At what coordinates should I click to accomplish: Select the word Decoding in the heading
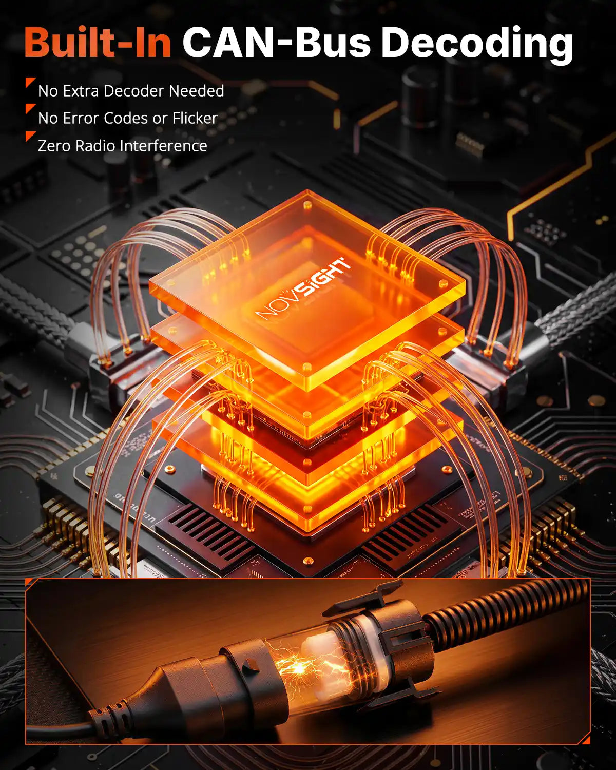(477, 44)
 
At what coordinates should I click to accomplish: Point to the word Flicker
(195, 118)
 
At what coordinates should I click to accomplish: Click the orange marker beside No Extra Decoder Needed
(30, 82)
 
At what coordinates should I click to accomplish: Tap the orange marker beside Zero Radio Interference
(30, 137)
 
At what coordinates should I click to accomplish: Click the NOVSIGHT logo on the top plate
(303, 290)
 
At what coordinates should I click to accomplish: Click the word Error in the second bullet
(81, 118)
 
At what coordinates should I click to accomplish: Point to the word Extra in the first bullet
(81, 91)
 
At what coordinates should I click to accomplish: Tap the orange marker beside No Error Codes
(30, 109)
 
